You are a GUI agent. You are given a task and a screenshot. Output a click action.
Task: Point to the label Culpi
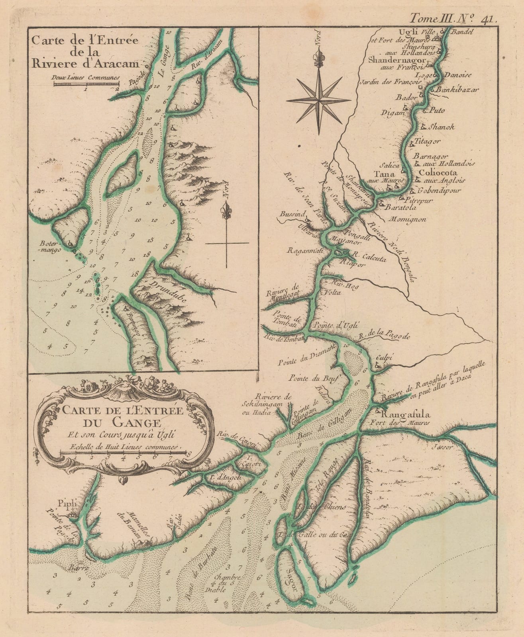pos(384,358)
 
